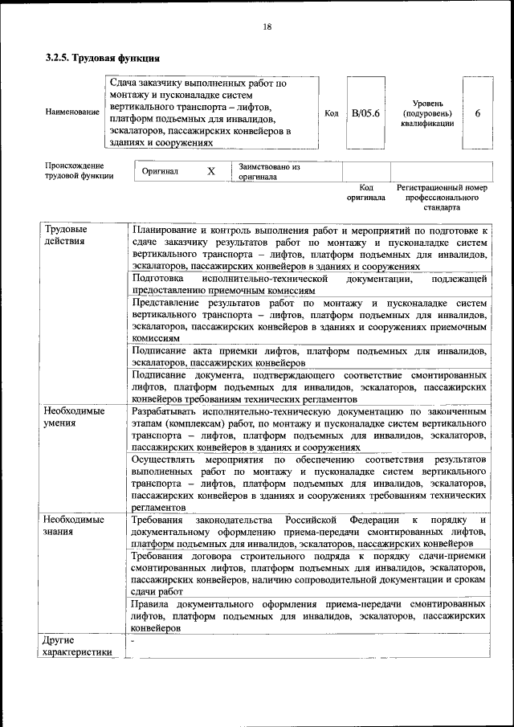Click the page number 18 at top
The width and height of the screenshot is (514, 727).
tap(267, 27)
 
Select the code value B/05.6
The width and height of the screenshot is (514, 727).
tap(365, 113)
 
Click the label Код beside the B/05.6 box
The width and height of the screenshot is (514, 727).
tap(331, 113)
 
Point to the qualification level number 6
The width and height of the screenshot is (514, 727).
tap(478, 113)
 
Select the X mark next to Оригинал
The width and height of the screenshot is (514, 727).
tap(211, 172)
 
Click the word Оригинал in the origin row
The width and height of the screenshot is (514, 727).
tap(160, 172)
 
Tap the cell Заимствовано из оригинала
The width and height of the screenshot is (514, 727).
tap(268, 172)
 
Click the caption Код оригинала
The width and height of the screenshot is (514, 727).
tap(366, 192)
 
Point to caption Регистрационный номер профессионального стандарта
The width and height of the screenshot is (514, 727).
tap(442, 197)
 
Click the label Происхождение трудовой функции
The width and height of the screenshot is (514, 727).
tap(79, 170)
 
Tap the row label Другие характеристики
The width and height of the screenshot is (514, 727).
tap(77, 646)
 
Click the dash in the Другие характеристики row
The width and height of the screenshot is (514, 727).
tap(133, 641)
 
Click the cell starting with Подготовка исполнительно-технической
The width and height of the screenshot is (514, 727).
tap(309, 284)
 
